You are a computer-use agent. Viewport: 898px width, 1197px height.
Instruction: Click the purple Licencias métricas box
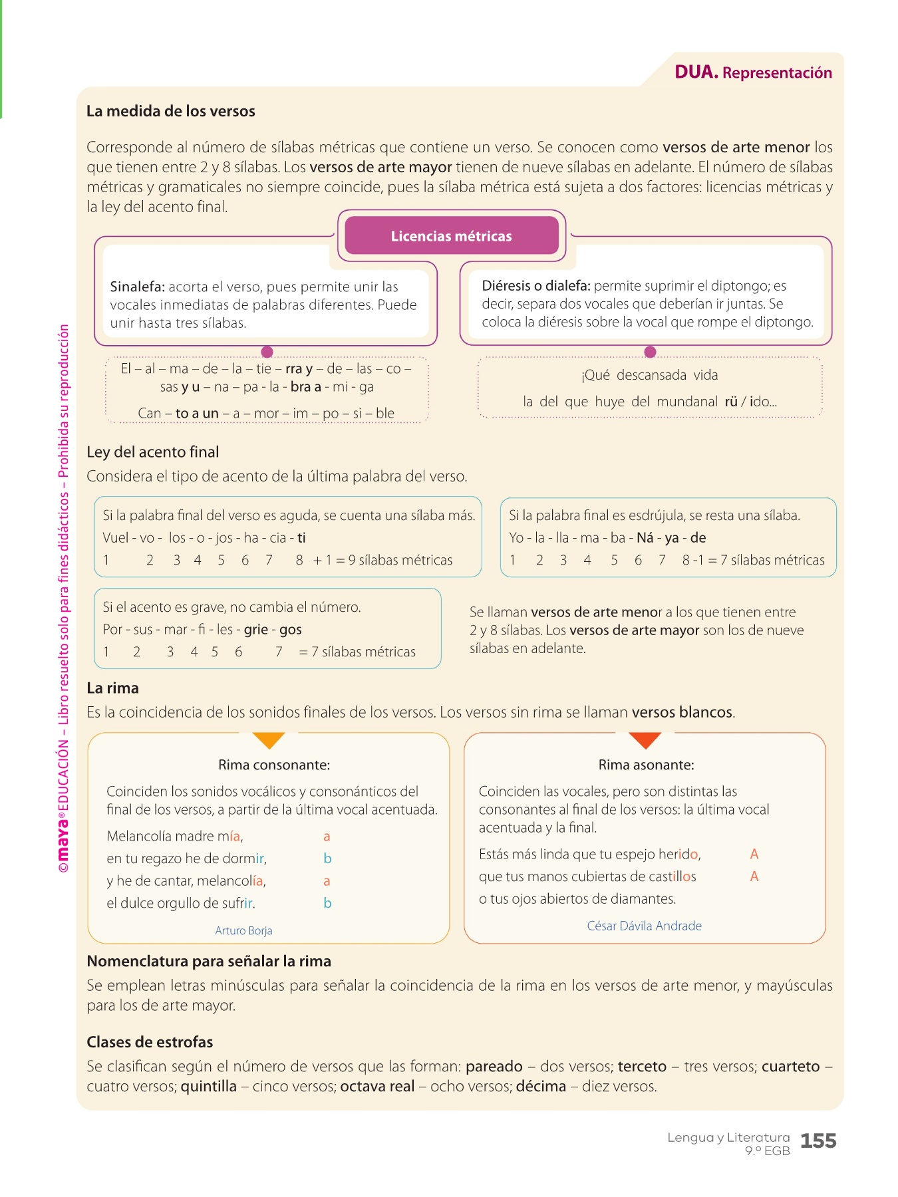(x=452, y=236)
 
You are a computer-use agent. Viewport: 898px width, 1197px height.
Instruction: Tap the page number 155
(x=818, y=1141)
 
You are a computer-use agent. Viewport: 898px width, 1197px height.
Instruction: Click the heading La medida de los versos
(x=171, y=111)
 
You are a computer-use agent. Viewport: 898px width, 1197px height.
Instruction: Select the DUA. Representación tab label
(x=753, y=72)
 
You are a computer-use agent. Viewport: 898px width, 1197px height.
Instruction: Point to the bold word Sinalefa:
(x=137, y=287)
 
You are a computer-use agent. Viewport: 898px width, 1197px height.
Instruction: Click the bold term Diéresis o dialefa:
(x=536, y=286)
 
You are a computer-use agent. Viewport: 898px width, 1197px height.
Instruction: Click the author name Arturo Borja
(x=243, y=930)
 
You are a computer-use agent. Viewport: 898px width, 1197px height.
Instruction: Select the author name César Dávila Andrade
(x=644, y=926)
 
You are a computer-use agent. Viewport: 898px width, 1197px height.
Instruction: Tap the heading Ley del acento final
(x=153, y=452)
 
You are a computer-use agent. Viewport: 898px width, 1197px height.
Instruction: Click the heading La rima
(x=113, y=688)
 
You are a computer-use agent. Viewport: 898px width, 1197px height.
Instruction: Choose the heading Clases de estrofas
(x=150, y=1042)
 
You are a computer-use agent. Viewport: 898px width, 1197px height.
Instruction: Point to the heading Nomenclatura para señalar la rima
(x=209, y=961)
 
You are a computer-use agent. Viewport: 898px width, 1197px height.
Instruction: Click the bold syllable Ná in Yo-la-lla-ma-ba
(x=645, y=538)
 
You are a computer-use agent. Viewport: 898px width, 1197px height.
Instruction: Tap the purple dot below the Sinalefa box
(x=267, y=352)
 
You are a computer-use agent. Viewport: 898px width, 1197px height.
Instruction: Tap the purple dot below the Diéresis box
(x=651, y=352)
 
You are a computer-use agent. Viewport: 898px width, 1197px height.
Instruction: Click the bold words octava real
(x=377, y=1087)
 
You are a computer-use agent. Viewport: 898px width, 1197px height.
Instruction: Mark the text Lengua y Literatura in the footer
(x=728, y=1138)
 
